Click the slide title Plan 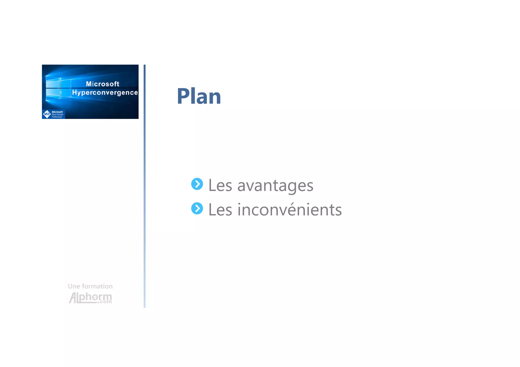[199, 96]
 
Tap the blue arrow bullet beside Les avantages [197, 184]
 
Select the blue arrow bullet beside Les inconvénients [197, 208]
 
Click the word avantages [275, 185]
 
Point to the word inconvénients [290, 210]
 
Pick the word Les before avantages [220, 185]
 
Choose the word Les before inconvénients [220, 210]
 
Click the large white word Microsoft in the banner [103, 84]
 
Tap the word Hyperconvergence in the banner [105, 93]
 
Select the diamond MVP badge [47, 114]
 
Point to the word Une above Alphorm [74, 286]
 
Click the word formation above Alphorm [97, 286]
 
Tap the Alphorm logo [90, 297]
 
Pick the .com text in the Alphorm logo [105, 302]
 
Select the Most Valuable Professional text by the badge [57, 116]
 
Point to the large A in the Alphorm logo [73, 298]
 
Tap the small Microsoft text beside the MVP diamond [57, 112]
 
